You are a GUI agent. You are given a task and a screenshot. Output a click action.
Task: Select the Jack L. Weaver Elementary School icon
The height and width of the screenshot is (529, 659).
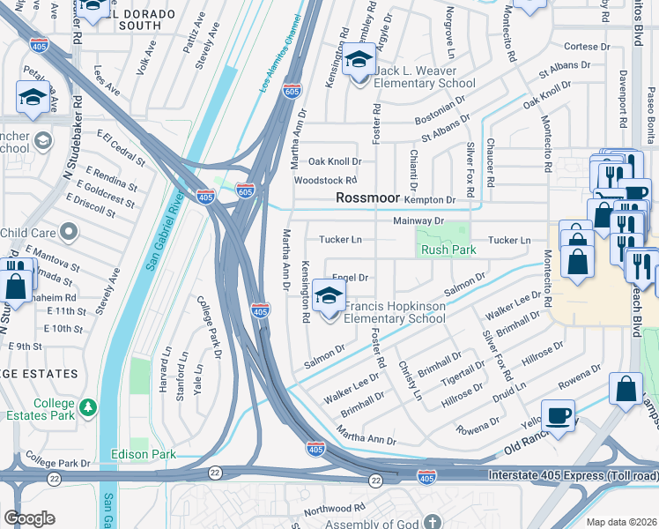point(359,62)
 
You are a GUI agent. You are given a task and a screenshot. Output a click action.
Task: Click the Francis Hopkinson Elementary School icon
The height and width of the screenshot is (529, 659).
point(329,298)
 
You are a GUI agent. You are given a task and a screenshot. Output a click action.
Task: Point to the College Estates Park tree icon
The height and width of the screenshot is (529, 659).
point(87,407)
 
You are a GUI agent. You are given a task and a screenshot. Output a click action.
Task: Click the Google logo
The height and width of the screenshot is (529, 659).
point(29,518)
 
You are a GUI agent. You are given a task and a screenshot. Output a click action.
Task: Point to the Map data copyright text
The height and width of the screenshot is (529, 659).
point(621,522)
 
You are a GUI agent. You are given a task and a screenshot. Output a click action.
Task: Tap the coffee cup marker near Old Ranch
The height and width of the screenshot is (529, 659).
point(558,415)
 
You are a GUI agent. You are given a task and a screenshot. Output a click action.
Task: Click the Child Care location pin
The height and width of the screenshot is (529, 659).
point(67,233)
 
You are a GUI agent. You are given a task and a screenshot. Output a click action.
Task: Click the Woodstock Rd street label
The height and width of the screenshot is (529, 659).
point(325,181)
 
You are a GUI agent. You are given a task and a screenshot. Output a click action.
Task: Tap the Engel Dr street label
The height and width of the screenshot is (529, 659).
point(350,277)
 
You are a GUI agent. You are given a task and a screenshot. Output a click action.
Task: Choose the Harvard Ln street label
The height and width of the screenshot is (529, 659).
point(167,364)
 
